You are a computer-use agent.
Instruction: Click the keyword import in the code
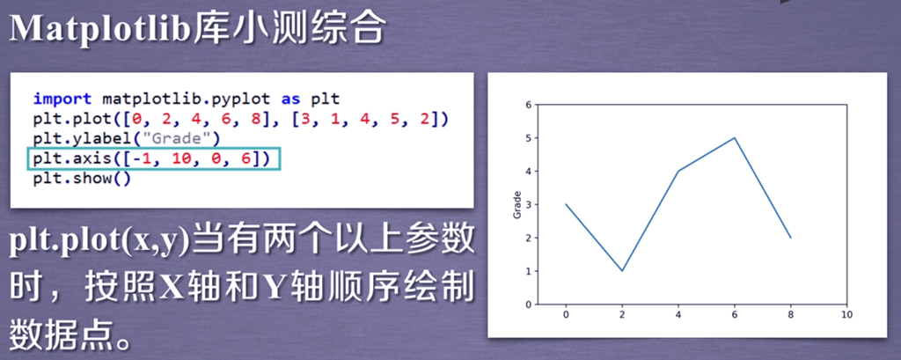(x=63, y=99)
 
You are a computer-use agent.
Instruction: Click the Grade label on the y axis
(x=517, y=205)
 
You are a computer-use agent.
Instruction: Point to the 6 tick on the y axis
(x=529, y=105)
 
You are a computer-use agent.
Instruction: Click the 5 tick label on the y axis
(x=529, y=138)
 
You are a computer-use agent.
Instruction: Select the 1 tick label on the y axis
(x=529, y=271)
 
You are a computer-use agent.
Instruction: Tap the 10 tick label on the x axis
(x=846, y=314)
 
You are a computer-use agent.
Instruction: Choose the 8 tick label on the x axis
(x=791, y=314)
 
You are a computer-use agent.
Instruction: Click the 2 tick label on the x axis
(x=622, y=314)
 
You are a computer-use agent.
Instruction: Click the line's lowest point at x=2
(x=622, y=271)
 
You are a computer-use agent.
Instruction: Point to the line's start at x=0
(x=566, y=204)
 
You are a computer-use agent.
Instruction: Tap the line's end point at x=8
(x=791, y=238)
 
